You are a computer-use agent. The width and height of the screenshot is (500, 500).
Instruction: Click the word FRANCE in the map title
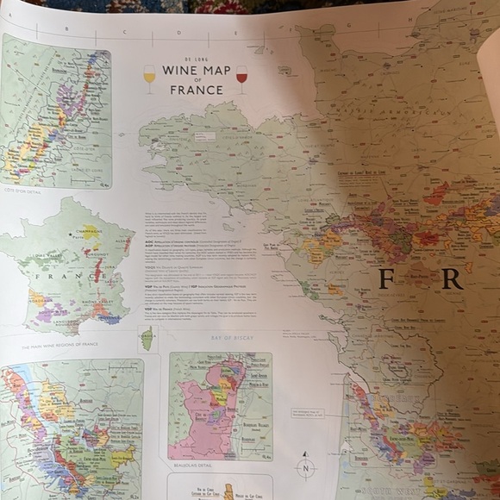196,89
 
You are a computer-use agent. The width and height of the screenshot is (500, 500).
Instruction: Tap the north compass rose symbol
306,466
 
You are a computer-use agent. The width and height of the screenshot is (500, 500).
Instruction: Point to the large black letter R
453,278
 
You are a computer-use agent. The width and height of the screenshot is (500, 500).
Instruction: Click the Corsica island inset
147,338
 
